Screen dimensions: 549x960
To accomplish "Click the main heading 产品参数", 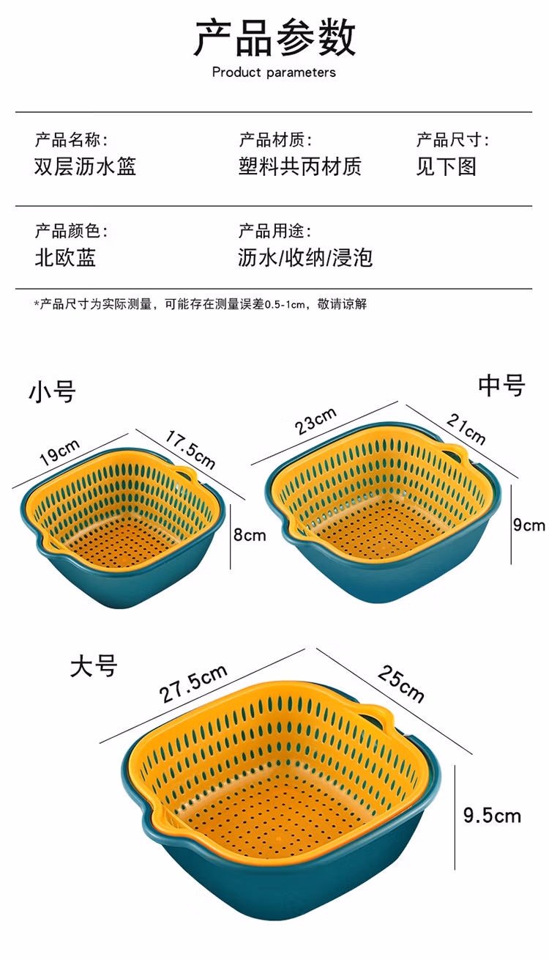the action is [274, 38].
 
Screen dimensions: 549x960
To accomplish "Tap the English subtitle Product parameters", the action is [274, 73].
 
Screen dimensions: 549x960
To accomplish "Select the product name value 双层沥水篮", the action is [85, 166].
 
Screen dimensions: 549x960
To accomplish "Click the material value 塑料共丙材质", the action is [299, 166].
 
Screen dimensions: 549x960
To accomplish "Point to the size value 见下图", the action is [447, 166].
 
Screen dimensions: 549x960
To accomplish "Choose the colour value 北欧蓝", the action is [65, 257].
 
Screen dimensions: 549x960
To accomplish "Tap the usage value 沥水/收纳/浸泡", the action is [305, 257].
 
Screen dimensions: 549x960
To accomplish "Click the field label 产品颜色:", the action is [71, 232].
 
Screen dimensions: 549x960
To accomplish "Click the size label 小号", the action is [52, 391].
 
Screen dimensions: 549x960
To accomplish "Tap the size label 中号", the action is [501, 385].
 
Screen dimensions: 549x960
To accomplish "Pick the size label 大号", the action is [94, 666].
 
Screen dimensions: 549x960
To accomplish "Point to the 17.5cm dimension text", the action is [190, 448].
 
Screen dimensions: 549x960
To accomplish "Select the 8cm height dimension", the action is [249, 535].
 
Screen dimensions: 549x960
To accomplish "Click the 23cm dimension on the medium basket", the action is [316, 421].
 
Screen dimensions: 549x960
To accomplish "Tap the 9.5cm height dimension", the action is [492, 816].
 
